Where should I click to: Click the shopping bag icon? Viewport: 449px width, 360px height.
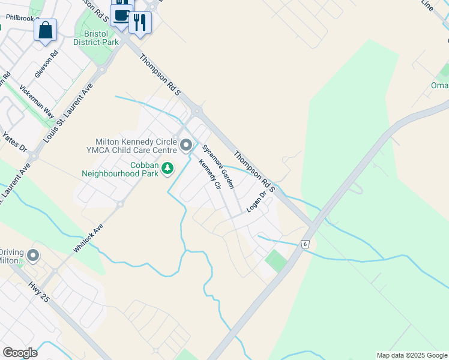tap(45, 29)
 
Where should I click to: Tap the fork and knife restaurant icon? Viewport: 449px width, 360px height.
tap(140, 23)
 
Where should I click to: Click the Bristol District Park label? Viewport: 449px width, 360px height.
tap(96, 38)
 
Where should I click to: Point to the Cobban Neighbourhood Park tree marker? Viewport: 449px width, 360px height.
tap(169, 169)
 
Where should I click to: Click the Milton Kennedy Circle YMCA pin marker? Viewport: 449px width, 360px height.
tap(186, 145)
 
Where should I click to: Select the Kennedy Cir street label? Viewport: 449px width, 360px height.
tap(209, 173)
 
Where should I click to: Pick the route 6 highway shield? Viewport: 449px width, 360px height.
tap(306, 244)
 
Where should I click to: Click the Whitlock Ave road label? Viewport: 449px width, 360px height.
tap(88, 238)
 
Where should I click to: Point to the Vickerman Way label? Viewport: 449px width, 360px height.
tap(37, 101)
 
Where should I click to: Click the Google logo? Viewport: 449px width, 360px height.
tap(20, 353)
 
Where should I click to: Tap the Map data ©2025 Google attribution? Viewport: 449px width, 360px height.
tap(412, 355)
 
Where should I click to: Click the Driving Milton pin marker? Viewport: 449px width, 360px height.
tap(32, 256)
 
